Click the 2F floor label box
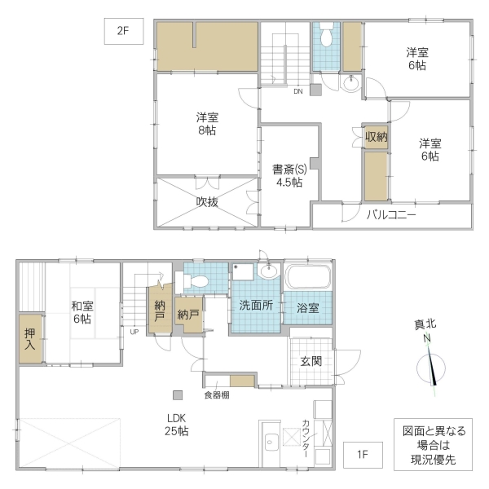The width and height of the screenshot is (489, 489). click(123, 33)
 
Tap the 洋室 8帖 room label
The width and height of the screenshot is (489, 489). click(206, 123)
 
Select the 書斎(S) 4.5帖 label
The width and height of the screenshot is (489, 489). click(289, 176)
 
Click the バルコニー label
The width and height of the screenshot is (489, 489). click(391, 215)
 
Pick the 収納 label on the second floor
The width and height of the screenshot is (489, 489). click(376, 136)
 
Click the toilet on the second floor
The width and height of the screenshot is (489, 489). click(327, 37)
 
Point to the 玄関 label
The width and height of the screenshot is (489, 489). click(311, 361)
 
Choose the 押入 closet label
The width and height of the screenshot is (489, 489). click(29, 339)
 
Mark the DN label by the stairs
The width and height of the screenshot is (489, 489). click(299, 90)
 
